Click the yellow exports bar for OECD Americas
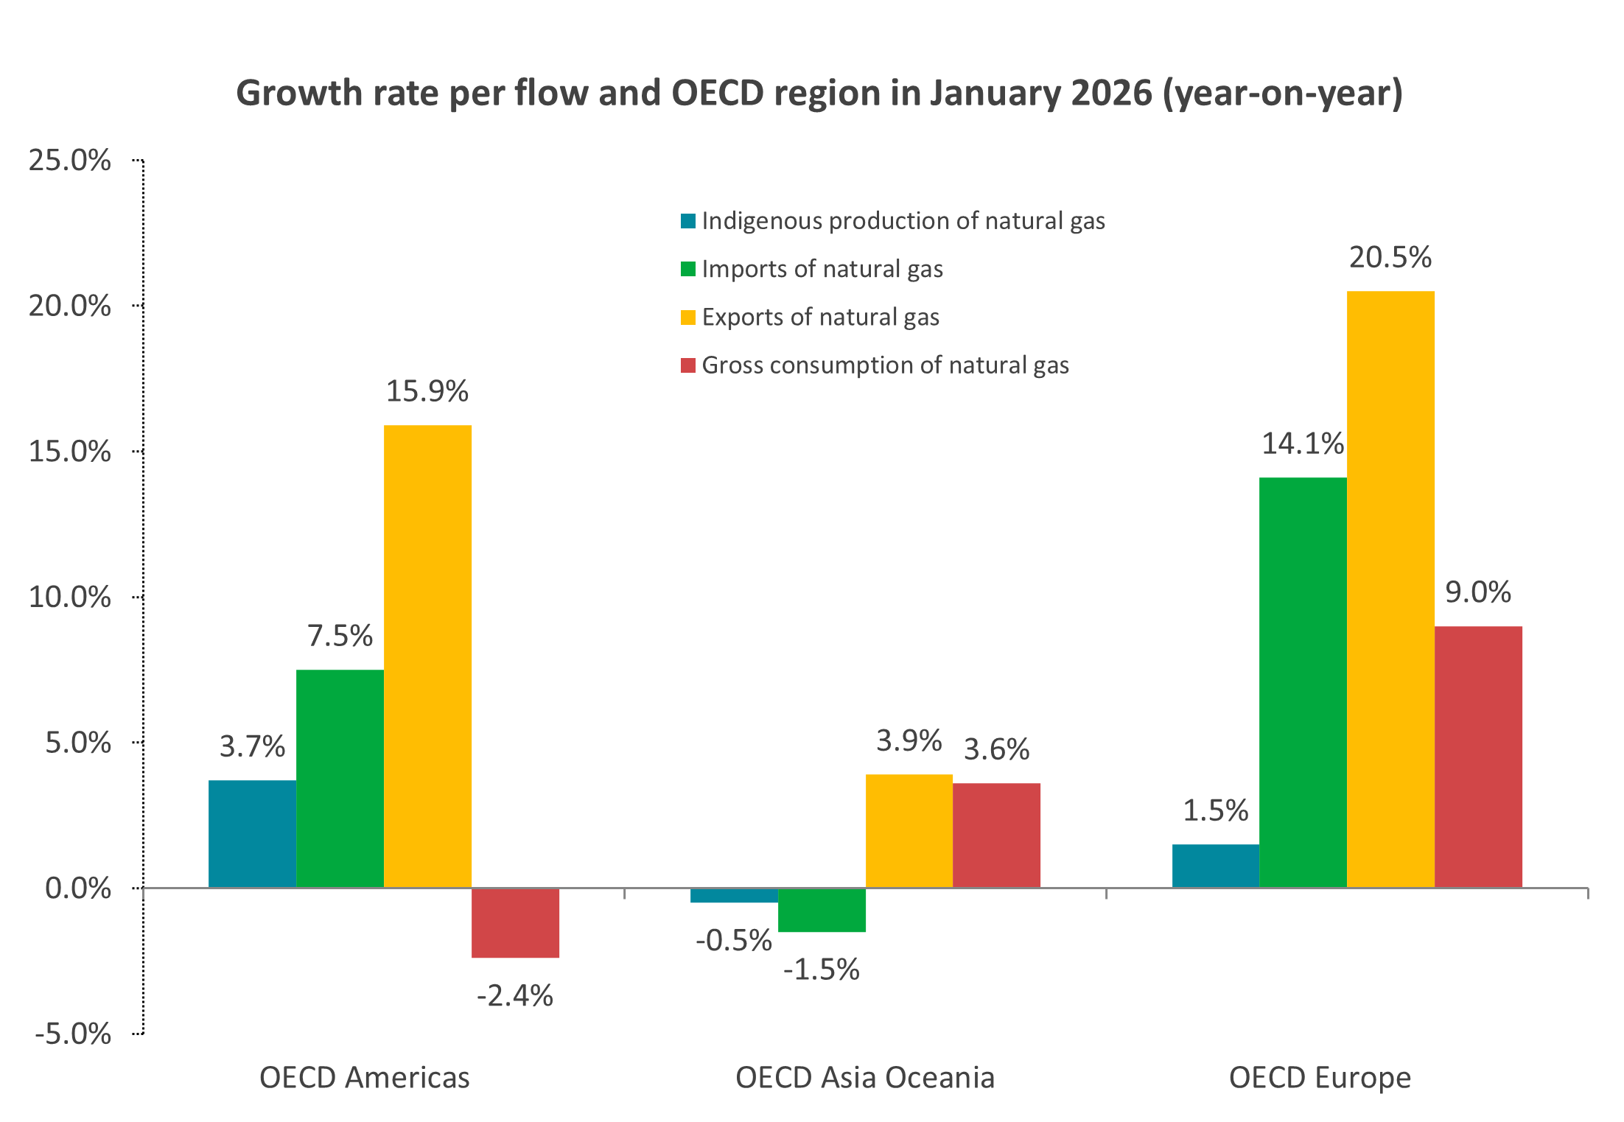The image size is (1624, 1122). [x=427, y=656]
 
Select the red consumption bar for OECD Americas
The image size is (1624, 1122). [x=515, y=922]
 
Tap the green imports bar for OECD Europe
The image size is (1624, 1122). [x=1303, y=681]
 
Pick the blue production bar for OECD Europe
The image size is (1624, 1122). [x=1215, y=866]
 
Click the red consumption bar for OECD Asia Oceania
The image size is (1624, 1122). [x=996, y=835]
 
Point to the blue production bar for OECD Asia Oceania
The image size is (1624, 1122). [x=734, y=895]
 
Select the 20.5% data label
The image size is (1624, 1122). [x=1390, y=258]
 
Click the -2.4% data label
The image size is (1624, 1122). [x=515, y=996]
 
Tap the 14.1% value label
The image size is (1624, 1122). [x=1303, y=444]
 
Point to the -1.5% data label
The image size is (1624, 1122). [x=821, y=970]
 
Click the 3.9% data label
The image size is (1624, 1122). [x=909, y=741]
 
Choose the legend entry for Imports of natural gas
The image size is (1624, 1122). [x=822, y=269]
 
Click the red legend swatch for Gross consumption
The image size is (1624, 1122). [x=688, y=365]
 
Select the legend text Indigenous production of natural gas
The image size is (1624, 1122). [x=903, y=221]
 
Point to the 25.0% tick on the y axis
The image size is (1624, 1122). [x=70, y=161]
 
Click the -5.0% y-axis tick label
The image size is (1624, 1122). [x=72, y=1034]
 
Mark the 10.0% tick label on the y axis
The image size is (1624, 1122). [x=70, y=597]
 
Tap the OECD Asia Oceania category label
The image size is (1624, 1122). [x=865, y=1078]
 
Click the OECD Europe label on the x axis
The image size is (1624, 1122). [x=1320, y=1078]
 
